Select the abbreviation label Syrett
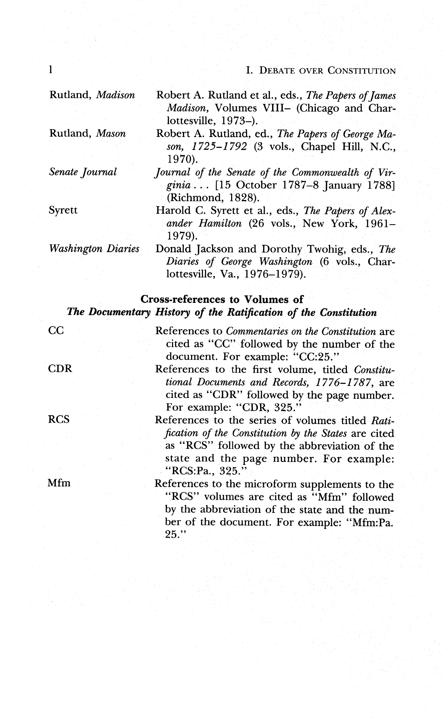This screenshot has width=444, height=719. coord(63,210)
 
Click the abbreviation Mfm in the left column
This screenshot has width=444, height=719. coord(59,483)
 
